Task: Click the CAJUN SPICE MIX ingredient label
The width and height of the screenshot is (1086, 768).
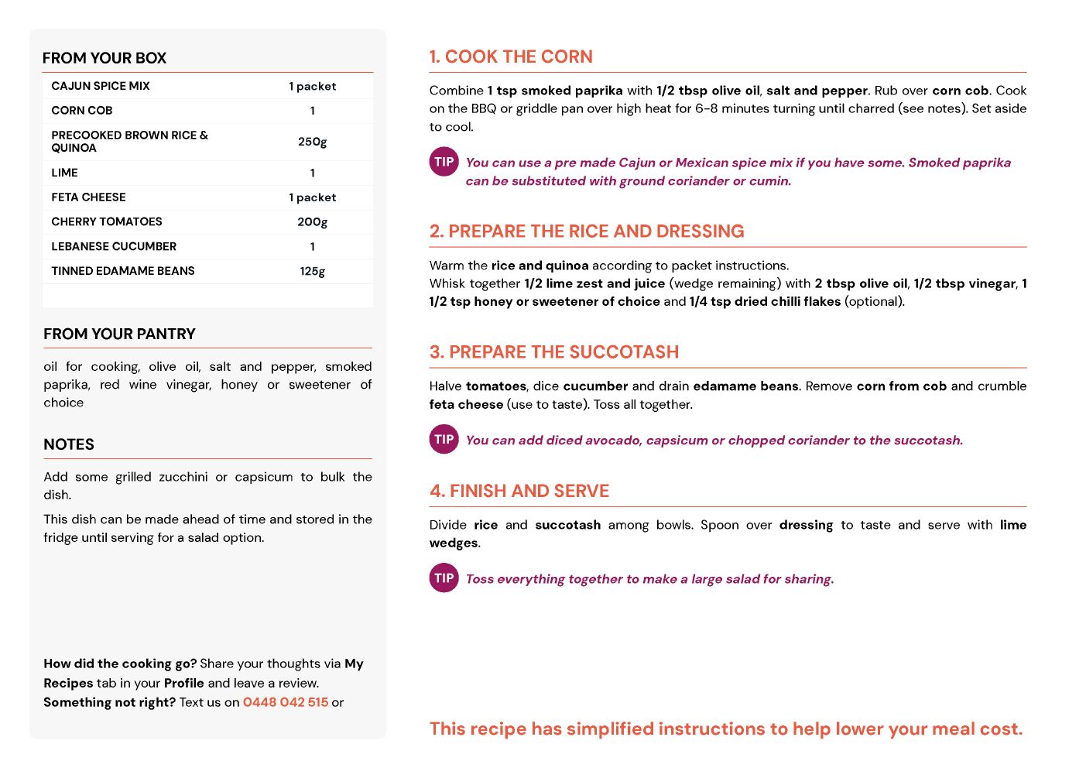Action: tap(101, 86)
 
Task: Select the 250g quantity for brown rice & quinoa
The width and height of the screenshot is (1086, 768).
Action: tap(312, 142)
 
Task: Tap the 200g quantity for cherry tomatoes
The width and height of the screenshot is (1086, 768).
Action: tap(312, 222)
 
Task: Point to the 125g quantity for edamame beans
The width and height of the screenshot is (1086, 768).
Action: tap(312, 271)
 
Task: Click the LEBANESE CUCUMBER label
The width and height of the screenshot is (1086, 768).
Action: tap(114, 246)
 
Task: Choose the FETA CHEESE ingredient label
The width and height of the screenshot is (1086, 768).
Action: tap(88, 197)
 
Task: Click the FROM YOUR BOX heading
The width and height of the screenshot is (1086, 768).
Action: tap(104, 58)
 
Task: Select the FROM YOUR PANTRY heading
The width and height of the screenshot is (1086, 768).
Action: tap(119, 334)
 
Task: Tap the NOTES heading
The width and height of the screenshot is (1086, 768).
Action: tap(69, 444)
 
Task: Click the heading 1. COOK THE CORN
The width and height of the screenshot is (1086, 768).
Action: tap(511, 57)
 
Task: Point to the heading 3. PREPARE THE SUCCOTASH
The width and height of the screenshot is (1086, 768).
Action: tap(553, 352)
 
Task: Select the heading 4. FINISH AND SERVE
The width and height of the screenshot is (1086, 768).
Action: tap(519, 491)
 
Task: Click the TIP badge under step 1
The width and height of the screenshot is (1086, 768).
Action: tap(444, 162)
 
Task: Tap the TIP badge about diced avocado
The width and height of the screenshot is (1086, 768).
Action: tap(444, 439)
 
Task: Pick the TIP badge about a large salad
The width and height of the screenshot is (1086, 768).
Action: tap(444, 578)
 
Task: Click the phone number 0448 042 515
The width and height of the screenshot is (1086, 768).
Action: tap(286, 702)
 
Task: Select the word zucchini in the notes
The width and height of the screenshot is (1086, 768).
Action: tap(183, 477)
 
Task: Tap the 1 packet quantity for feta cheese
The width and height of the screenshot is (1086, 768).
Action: tap(312, 197)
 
